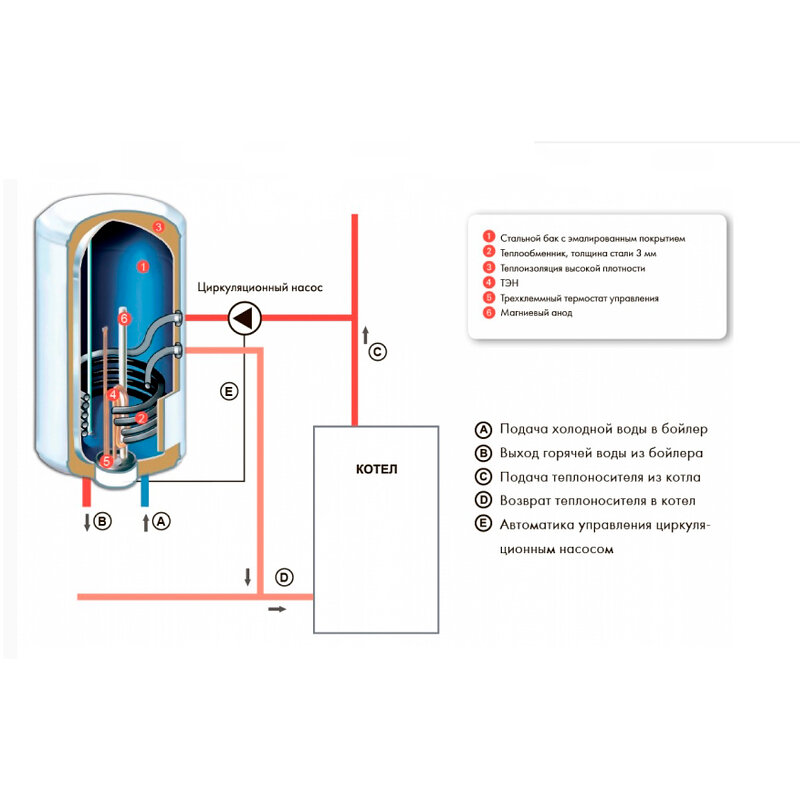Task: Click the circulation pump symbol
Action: pos(242,319)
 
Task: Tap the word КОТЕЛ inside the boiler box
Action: pos(376,469)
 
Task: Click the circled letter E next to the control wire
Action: pos(229,392)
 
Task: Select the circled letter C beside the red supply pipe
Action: pos(377,352)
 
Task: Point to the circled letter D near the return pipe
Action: pos(285,577)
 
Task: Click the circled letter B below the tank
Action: pos(103,521)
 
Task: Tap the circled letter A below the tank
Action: pos(163,521)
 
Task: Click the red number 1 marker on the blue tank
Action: pos(142,267)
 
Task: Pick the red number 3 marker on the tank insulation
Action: pos(159,228)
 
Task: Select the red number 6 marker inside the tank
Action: pos(124,318)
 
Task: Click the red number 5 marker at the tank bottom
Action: pos(107,461)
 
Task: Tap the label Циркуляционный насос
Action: pos(260,288)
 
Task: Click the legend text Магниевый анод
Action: pos(537,313)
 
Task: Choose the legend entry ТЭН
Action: pos(509,283)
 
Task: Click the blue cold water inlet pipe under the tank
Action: pos(147,492)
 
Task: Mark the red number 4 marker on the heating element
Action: pos(114,395)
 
